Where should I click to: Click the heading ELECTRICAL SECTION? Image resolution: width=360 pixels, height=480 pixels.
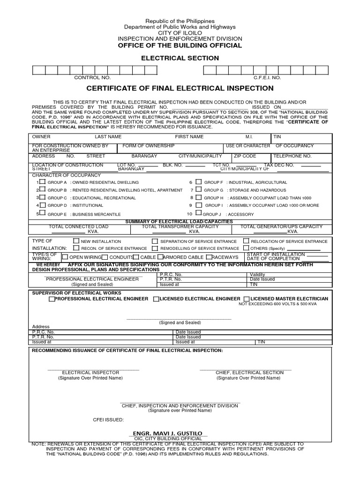(x=180, y=58)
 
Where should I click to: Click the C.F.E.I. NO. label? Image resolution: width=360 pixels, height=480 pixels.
(x=267, y=77)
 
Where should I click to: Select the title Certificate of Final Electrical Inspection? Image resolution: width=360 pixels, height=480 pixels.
(x=180, y=88)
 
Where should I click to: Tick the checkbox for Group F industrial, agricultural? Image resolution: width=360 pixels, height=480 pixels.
(x=198, y=182)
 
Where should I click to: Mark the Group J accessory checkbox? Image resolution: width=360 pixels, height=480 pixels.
(x=198, y=214)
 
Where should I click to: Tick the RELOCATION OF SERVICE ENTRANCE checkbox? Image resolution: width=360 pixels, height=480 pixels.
(x=246, y=241)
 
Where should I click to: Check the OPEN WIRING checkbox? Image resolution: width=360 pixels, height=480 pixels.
(x=65, y=257)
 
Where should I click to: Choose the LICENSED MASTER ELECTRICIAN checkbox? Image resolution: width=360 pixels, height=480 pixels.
(x=247, y=299)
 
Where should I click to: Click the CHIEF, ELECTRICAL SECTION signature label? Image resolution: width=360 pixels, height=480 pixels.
(x=250, y=372)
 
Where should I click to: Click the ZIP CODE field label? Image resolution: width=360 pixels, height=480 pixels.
(x=245, y=156)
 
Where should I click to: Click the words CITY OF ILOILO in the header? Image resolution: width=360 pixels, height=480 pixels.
(x=180, y=33)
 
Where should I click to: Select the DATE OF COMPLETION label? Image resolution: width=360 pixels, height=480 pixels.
(x=273, y=259)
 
